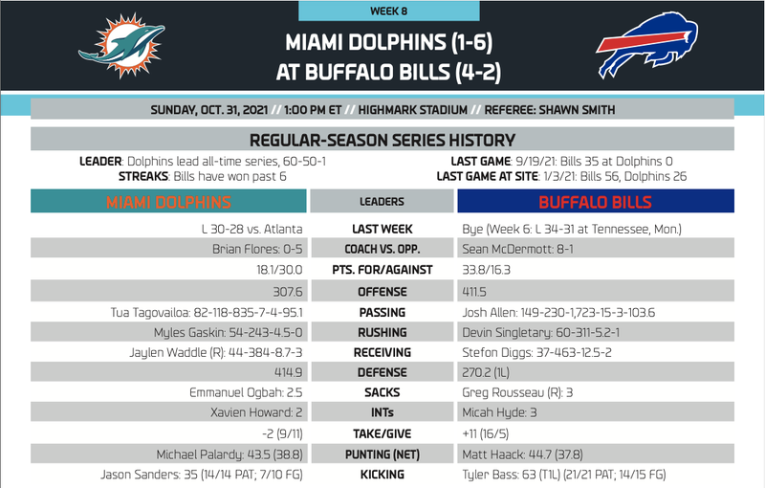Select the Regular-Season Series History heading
click(382, 140)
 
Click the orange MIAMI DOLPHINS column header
click(169, 202)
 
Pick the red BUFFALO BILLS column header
click(595, 202)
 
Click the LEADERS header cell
click(382, 202)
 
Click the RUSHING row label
click(382, 332)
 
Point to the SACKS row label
click(382, 392)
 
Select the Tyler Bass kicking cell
click(563, 475)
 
